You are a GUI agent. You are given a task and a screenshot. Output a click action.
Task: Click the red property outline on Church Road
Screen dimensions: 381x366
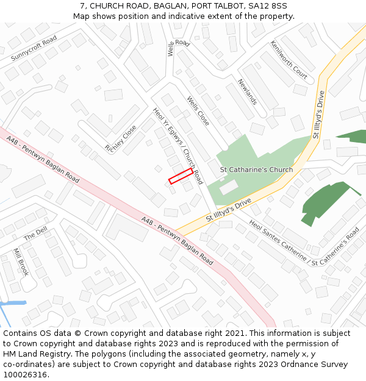[181, 176]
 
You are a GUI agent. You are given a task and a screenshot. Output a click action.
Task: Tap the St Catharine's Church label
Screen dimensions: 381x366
[256, 169]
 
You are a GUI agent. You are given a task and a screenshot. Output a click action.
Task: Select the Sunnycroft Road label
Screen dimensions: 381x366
[34, 48]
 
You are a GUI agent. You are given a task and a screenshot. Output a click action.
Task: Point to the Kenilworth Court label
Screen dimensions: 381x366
[289, 60]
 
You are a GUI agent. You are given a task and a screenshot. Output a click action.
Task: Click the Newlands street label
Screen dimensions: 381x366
[248, 92]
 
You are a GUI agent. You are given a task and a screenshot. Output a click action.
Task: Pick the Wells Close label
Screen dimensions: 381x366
[198, 111]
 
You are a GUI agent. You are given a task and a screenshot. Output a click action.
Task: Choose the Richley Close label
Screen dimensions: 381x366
[121, 139]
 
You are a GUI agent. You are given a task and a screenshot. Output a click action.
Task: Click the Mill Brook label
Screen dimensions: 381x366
[21, 262]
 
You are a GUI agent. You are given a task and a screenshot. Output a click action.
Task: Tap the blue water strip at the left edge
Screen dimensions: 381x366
[12, 303]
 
